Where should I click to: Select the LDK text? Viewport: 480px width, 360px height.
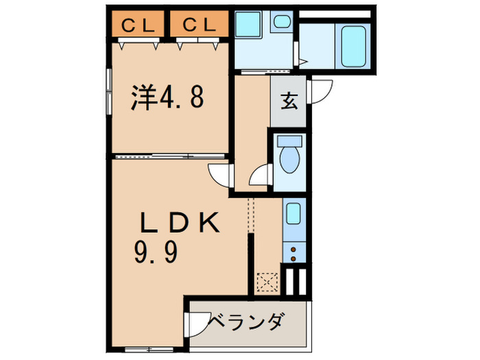pyautogui.click(x=180, y=224)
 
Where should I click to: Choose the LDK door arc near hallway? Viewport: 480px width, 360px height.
pyautogui.click(x=221, y=176)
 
